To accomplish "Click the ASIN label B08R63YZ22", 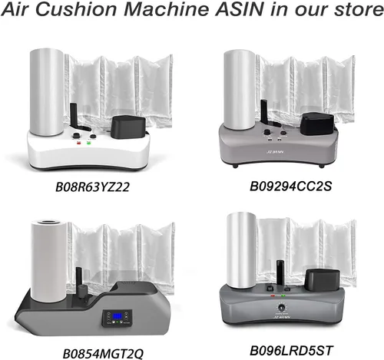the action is click(92, 187).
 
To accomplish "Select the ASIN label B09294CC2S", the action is click(291, 186).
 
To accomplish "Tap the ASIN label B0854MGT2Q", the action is click(103, 354).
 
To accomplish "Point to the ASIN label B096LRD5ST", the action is click(291, 351).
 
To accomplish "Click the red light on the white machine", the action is click(79, 143).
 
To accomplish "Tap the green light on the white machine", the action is click(89, 143).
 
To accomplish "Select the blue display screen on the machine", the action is click(118, 317).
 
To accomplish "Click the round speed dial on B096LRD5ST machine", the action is click(281, 307).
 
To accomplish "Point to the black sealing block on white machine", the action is click(129, 127).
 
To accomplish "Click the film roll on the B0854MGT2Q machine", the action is click(49, 259).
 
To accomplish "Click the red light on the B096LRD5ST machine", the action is click(273, 296).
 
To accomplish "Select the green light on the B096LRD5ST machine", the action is click(283, 296).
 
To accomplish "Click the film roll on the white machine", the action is click(47, 92).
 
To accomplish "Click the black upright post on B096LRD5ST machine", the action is click(280, 274).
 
